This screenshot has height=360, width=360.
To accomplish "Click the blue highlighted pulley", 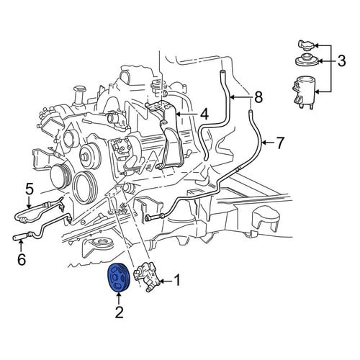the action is [118, 278].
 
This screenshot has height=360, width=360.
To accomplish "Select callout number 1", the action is [177, 280].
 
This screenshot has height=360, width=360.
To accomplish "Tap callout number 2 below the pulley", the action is [120, 312].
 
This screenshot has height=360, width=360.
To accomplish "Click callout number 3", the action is [341, 60].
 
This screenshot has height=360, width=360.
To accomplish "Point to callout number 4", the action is [204, 114].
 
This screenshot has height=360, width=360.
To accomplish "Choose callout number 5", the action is [29, 189].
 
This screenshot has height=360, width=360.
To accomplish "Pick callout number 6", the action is [22, 259].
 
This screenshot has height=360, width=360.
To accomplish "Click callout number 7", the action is [279, 143].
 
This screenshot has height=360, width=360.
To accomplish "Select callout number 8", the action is [258, 97].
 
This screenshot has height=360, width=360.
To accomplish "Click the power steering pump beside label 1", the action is [148, 276].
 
